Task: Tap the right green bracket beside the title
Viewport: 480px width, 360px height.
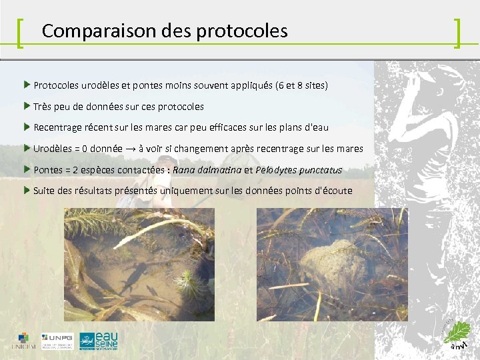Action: (x=457, y=33)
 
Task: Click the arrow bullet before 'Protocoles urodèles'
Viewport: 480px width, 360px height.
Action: (x=27, y=85)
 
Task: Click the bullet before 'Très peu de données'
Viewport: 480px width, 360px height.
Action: (x=27, y=106)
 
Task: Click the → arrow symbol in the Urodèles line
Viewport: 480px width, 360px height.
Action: (x=133, y=149)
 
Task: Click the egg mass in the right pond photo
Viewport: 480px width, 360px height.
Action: (x=327, y=259)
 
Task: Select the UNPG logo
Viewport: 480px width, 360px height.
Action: (x=58, y=341)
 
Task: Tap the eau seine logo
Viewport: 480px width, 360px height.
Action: (x=98, y=340)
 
